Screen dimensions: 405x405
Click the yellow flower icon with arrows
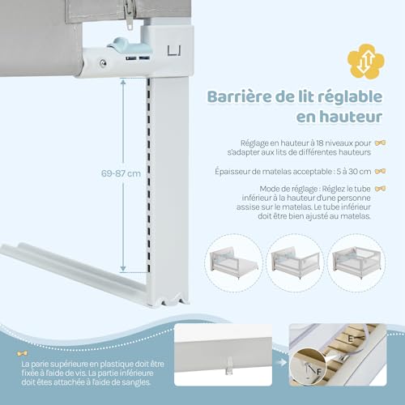tap(366, 62)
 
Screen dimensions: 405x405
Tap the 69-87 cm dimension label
tap(121, 173)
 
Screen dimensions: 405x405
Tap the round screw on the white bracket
tap(103, 63)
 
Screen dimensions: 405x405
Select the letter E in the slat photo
tap(350, 339)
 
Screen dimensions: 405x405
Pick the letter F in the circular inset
tap(319, 372)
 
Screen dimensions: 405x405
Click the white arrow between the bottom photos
tap(282, 362)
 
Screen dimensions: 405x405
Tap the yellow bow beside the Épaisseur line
tap(380, 171)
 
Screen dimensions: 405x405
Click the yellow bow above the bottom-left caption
tap(22, 353)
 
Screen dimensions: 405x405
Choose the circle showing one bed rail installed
tap(234, 262)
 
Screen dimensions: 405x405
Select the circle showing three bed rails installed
tap(357, 262)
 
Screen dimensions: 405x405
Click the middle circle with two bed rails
tap(296, 262)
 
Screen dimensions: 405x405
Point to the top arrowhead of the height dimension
tap(123, 82)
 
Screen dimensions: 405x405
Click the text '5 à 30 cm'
tap(354, 172)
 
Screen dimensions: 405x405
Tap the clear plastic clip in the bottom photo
tap(229, 365)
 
